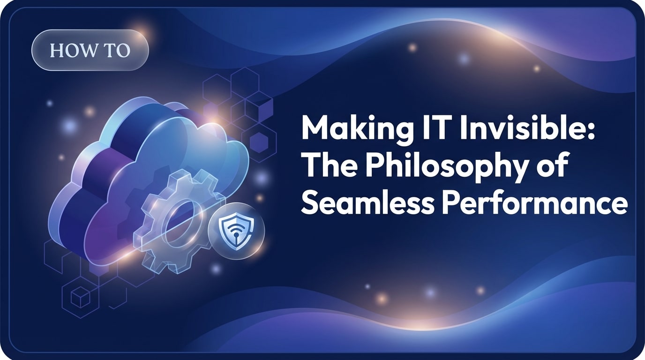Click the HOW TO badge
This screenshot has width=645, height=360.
click(x=90, y=50)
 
